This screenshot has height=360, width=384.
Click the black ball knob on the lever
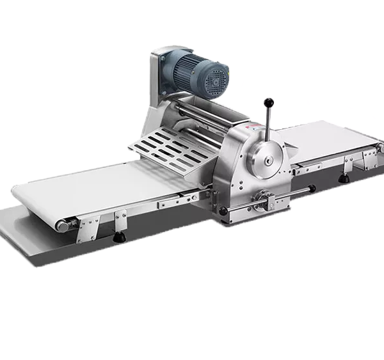coord(269,102)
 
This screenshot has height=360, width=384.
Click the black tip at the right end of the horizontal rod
coord(312,187)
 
